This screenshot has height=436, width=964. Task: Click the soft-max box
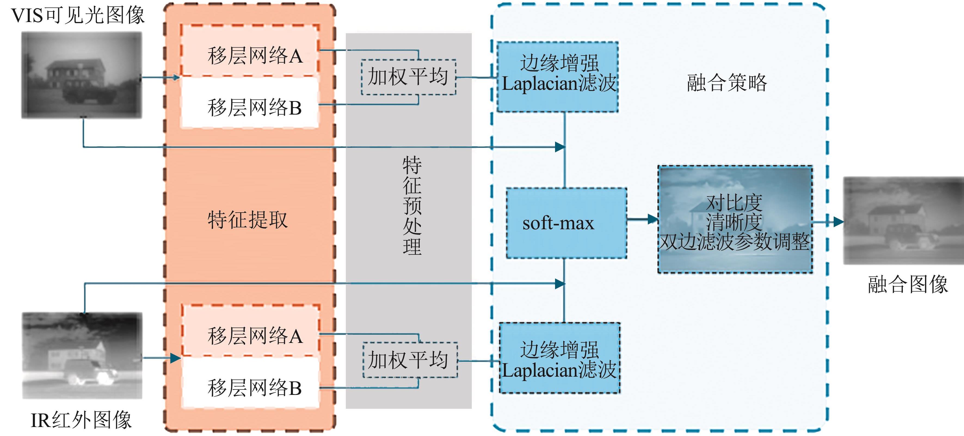point(566,223)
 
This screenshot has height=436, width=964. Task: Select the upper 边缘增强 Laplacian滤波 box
point(558,77)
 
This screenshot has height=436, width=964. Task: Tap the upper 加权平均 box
point(408,77)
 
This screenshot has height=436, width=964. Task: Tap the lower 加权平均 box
point(410,360)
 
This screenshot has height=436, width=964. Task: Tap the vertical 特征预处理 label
point(412,205)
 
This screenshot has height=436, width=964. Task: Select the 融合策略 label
point(727,83)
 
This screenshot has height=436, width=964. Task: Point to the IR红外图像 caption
point(81,420)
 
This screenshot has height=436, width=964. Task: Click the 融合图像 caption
point(908,284)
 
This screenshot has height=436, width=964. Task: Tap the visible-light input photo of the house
point(82,75)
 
